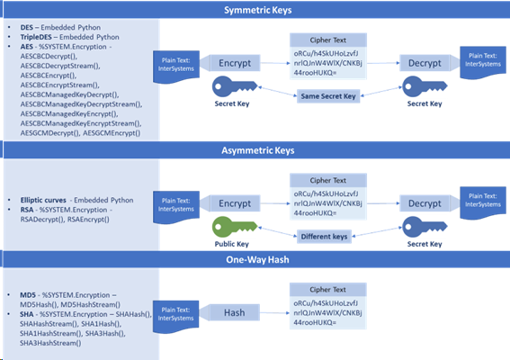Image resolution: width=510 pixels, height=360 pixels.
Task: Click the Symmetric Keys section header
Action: [255, 10]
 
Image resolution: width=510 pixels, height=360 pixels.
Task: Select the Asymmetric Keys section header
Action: [255, 151]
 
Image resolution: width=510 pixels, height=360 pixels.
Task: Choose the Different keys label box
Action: [337, 237]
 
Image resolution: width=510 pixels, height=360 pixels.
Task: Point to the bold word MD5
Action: [28, 294]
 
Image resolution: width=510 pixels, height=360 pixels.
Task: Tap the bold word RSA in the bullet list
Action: [26, 208]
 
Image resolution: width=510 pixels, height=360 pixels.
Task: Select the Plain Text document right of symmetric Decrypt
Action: [481, 63]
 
